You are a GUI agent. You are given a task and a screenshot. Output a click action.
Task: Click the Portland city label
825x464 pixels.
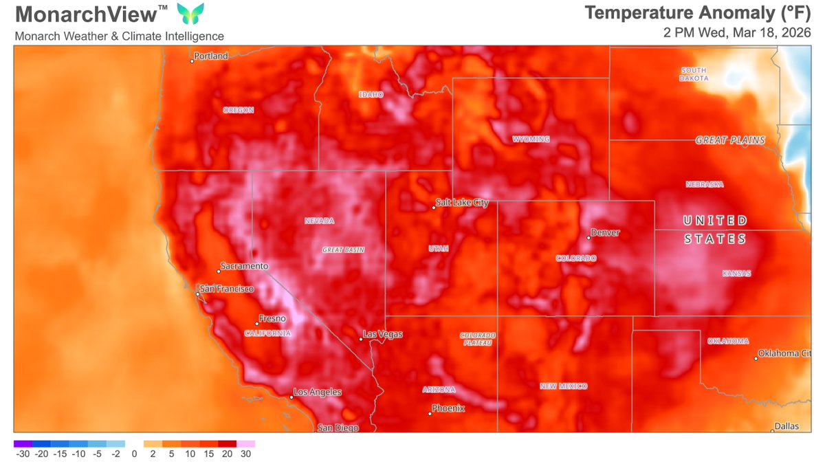(x=211, y=56)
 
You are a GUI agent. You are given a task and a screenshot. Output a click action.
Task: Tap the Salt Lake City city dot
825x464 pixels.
(x=434, y=208)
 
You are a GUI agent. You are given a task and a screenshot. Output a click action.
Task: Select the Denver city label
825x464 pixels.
(x=605, y=232)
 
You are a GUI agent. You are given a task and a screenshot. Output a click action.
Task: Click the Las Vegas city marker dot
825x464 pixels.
(x=361, y=339)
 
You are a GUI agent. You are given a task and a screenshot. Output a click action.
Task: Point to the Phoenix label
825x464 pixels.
(x=448, y=408)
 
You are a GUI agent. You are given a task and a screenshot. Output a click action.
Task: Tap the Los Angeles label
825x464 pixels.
(x=317, y=393)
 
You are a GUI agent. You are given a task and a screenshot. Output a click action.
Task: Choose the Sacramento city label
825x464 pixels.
(x=243, y=266)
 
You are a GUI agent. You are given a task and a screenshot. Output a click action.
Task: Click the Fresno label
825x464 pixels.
(x=271, y=319)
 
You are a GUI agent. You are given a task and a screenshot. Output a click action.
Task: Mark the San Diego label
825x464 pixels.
(x=337, y=428)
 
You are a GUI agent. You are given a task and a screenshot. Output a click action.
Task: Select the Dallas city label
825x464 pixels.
(x=786, y=426)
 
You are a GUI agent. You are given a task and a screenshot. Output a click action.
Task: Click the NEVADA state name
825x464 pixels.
(x=319, y=221)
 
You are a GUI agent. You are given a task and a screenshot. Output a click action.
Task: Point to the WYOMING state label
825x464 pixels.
(x=531, y=140)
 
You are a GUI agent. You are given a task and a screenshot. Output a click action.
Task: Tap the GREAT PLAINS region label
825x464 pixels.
(x=729, y=140)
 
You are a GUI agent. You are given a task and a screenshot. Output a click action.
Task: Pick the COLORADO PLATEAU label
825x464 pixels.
(x=478, y=339)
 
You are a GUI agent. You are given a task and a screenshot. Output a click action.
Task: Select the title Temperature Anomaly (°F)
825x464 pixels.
(x=697, y=12)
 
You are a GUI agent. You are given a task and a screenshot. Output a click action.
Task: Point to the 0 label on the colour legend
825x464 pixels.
(x=134, y=454)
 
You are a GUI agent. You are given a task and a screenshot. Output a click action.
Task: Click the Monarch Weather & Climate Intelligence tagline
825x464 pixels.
(x=119, y=36)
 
